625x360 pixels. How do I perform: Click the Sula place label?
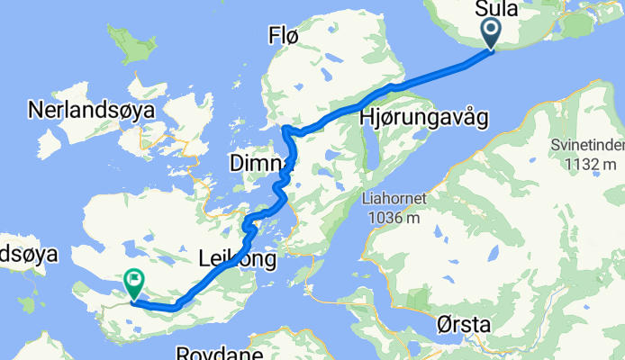pos(495,10)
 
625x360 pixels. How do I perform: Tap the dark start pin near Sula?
pos(491,33)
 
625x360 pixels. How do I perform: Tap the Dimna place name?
pos(261,163)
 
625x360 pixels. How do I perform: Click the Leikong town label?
pos(235,259)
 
